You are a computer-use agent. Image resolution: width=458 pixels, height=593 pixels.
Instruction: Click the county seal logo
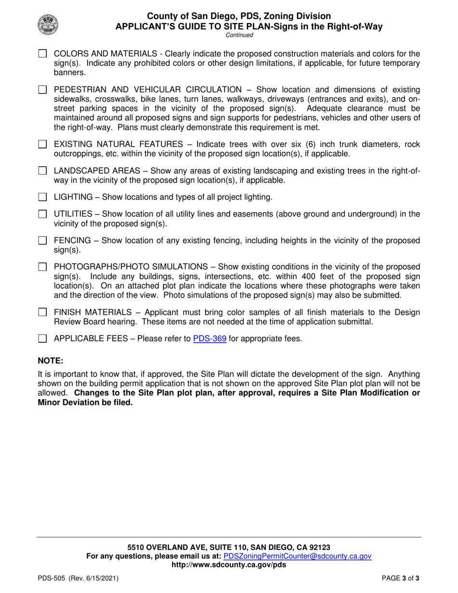click(x=47, y=23)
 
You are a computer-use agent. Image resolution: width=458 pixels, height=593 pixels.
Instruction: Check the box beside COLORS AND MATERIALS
click(x=42, y=54)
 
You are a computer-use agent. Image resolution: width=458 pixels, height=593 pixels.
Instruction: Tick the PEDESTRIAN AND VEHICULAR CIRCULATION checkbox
click(x=42, y=89)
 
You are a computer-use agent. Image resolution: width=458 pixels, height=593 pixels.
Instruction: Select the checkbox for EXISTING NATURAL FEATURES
click(x=42, y=144)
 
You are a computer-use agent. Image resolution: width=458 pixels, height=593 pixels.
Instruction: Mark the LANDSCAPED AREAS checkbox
click(x=42, y=171)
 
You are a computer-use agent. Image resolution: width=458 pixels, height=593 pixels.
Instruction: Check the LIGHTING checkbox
click(x=42, y=197)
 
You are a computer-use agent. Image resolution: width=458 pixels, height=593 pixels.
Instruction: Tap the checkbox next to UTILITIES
click(x=42, y=214)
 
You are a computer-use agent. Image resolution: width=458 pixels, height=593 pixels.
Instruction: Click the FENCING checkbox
click(x=42, y=240)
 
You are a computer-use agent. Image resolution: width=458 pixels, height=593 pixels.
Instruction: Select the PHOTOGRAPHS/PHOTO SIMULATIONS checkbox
click(x=42, y=267)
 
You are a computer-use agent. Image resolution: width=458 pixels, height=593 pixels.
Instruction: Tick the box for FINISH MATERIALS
click(x=42, y=312)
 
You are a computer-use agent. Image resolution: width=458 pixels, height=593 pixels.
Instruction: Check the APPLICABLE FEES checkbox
click(x=42, y=338)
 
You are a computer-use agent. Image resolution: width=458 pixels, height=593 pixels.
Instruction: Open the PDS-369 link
click(x=210, y=338)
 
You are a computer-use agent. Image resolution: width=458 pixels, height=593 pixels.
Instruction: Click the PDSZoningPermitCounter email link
click(x=297, y=556)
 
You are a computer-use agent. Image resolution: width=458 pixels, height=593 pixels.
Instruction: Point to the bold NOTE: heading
click(x=51, y=361)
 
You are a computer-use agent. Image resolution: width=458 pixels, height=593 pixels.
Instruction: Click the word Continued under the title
click(x=240, y=35)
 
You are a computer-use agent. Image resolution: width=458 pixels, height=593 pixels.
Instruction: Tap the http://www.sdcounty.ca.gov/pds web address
click(x=229, y=565)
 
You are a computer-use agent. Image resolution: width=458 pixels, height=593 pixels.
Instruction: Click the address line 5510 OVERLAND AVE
click(x=229, y=547)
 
